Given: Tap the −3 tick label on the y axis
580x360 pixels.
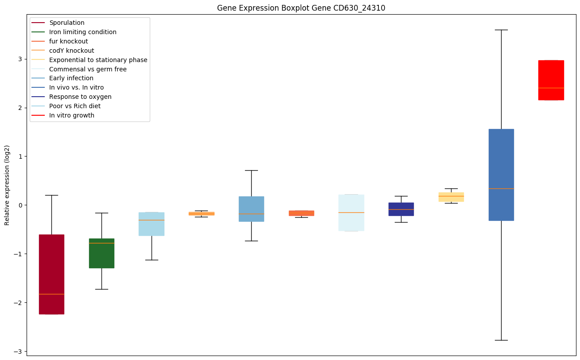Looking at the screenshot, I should pos(19,352).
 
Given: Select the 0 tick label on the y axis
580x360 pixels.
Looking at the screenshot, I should pos(20,205).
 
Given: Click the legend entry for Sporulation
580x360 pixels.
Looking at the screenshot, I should pos(67,23).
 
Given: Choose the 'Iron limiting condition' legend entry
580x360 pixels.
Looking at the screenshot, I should pos(83,32).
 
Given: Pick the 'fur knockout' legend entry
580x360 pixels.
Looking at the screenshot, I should pos(69,41).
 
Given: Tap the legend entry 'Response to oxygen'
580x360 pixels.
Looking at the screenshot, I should pos(80,97).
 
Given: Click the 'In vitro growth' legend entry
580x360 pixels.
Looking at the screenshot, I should pos(72,115).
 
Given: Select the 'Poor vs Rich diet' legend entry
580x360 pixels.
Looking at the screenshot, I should pos(75,106).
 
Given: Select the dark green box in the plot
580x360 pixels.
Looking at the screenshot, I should pos(101,253).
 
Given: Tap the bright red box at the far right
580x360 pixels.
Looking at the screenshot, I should pos(551,80).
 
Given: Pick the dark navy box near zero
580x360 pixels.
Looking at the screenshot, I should pos(401,209).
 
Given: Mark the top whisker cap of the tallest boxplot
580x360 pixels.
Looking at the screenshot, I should pos(501,30).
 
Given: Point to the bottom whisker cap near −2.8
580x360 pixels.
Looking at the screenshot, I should pos(501,340).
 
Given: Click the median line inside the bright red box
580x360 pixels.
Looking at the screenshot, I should pos(551,88).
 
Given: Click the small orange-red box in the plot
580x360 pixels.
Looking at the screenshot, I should pos(301,213).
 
